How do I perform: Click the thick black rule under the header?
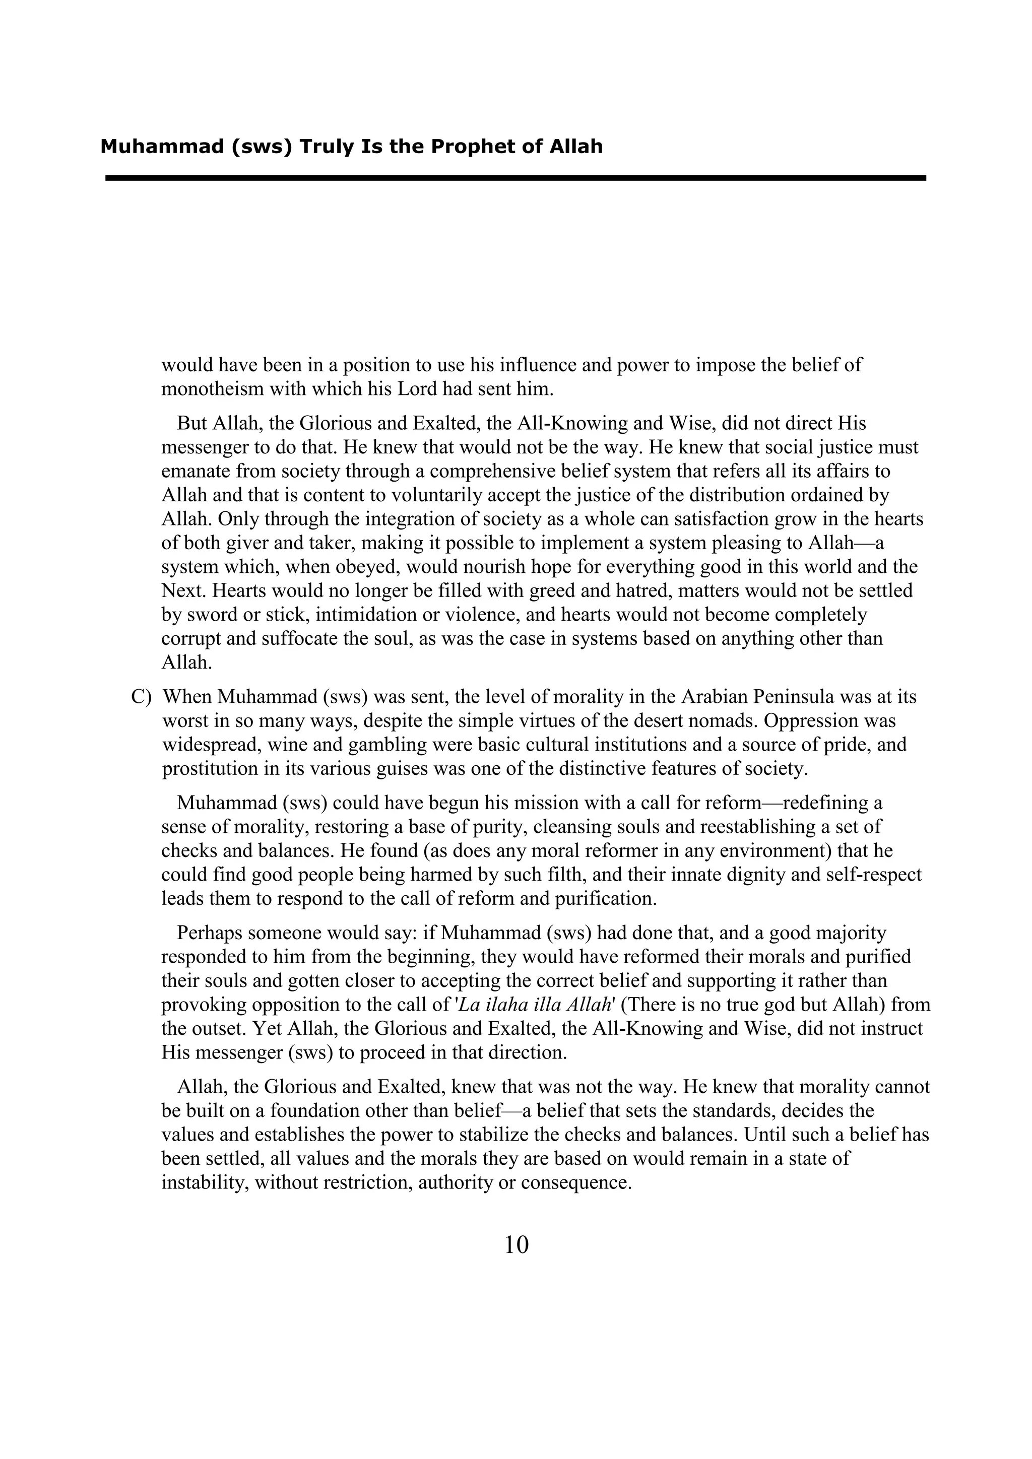(515, 178)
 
